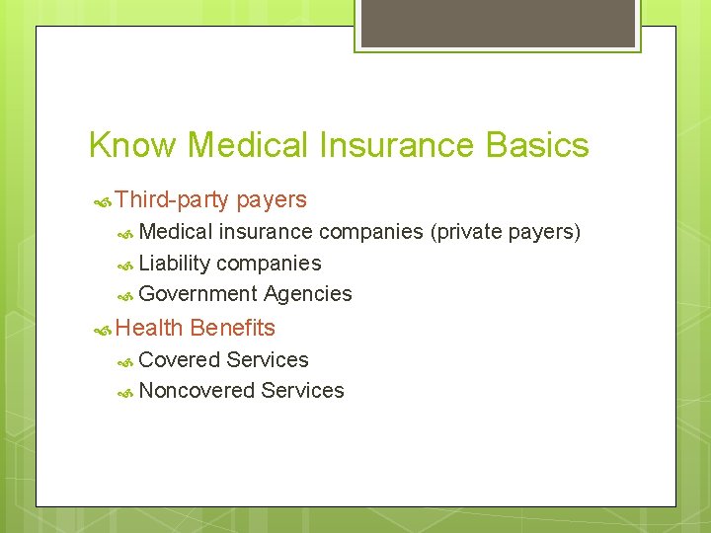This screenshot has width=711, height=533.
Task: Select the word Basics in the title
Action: tap(537, 145)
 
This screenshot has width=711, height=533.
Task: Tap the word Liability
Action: tap(175, 264)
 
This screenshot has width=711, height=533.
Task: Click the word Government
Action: tap(197, 294)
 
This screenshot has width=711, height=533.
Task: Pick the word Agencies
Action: tap(307, 294)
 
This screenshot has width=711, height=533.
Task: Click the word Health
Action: tap(149, 328)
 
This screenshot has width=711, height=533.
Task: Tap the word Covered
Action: tap(180, 360)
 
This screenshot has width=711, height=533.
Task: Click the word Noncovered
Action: tap(197, 391)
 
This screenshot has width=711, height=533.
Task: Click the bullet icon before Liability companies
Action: tap(125, 265)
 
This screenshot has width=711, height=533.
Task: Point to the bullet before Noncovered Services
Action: tap(125, 392)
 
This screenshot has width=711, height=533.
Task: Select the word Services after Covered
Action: tap(268, 360)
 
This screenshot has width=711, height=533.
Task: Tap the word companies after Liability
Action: tap(269, 264)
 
